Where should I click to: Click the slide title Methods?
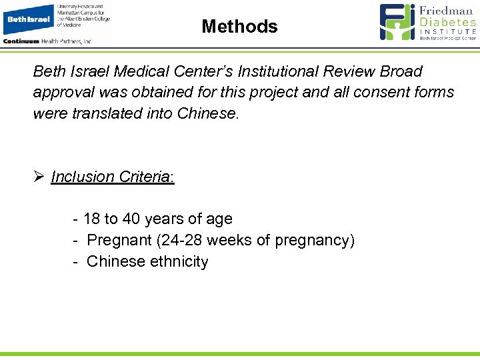click(x=239, y=27)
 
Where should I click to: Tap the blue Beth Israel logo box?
click(x=29, y=19)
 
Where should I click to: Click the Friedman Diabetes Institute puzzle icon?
click(x=397, y=22)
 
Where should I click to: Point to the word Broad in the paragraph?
click(x=402, y=71)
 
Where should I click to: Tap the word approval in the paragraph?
click(x=63, y=93)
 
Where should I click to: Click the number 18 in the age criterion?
click(x=92, y=219)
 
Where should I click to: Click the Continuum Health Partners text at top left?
click(x=47, y=41)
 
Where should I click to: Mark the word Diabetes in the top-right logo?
click(x=448, y=21)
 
